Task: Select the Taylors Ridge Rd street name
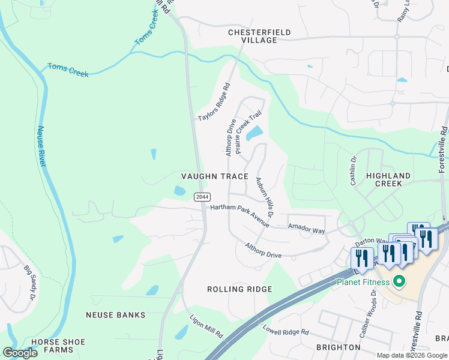[214, 102]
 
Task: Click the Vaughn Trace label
[215, 176]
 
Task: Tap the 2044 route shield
[201, 197]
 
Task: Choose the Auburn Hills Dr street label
[265, 197]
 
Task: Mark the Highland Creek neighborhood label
[388, 180]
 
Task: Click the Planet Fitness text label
[363, 282]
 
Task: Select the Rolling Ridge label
[240, 289]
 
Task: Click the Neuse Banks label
[116, 315]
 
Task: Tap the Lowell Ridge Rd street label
[286, 329]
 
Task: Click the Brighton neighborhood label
[339, 347]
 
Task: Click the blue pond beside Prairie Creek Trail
[255, 133]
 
